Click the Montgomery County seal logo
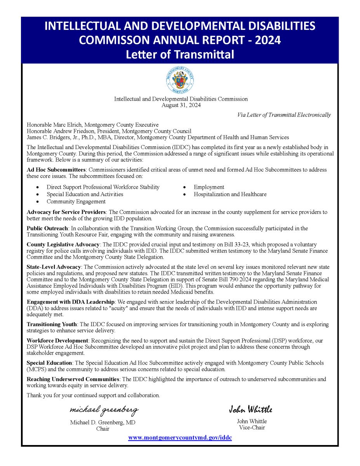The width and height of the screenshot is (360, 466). [x=180, y=80]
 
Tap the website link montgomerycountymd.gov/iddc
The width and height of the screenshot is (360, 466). [x=180, y=438]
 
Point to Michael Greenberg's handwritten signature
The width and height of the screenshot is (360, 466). [x=104, y=410]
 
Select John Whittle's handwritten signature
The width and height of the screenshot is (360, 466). [x=250, y=409]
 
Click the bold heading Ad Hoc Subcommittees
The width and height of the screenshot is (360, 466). [x=56, y=170]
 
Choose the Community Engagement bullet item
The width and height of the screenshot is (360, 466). [x=76, y=202]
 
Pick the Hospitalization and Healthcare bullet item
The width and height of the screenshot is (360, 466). [x=230, y=194]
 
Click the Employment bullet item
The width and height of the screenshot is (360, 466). [x=209, y=187]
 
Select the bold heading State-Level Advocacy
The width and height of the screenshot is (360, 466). [x=54, y=267]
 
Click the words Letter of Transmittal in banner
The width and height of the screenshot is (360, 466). [x=180, y=54]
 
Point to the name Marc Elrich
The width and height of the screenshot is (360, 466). [x=67, y=125]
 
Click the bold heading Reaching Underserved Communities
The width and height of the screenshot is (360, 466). [x=73, y=379]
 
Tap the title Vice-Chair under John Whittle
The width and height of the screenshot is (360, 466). [x=252, y=428]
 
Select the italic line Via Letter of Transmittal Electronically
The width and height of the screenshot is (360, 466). [x=284, y=115]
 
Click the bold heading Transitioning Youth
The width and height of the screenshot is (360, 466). [x=52, y=324]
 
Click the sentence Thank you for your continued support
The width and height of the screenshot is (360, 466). [x=93, y=395]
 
